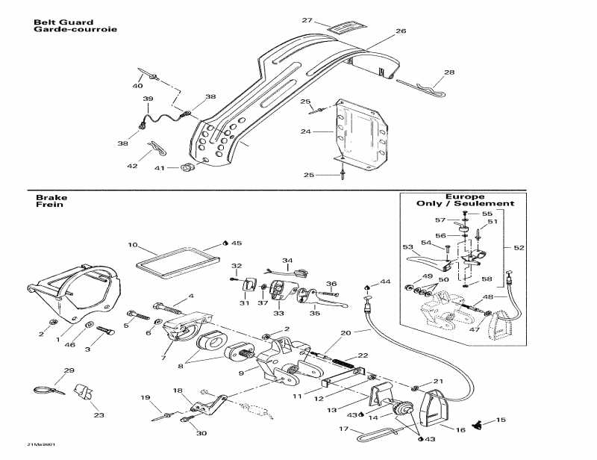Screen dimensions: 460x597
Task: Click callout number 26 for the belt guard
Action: coord(401,31)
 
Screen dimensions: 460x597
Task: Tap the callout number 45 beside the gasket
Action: coord(237,243)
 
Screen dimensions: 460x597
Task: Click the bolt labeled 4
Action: coord(170,305)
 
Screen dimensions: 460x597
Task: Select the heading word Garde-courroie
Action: coord(75,30)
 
